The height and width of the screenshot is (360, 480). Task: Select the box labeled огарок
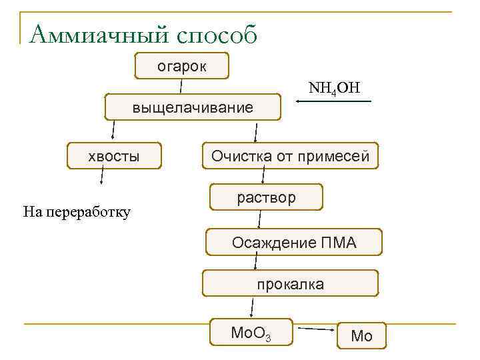181,66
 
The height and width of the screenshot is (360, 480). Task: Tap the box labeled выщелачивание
193,107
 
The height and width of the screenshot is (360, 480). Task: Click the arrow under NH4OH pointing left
333,101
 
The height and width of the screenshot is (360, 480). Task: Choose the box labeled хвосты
114,156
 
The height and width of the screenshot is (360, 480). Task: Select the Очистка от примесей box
290,156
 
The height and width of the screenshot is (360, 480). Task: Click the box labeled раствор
266,197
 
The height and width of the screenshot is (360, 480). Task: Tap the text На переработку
76,212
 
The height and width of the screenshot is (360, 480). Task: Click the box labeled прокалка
290,283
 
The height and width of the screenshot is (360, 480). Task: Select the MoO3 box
251,332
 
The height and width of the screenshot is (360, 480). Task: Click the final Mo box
361,335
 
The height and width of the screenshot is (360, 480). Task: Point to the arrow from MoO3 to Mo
316,329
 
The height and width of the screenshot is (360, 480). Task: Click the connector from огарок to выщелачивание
181,86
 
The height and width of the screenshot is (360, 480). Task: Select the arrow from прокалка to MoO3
252,307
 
